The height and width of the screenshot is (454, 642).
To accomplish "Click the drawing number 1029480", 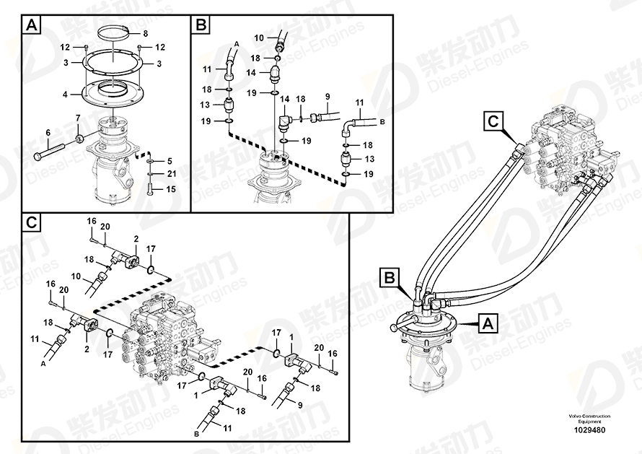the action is [x=589, y=430].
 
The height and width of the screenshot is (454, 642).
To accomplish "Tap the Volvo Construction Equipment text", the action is [x=589, y=419].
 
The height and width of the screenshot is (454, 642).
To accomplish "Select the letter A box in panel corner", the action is [x=31, y=25].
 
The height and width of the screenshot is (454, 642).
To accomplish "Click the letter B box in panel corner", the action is [x=201, y=25].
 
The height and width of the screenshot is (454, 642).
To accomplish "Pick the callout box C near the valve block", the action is [x=494, y=121].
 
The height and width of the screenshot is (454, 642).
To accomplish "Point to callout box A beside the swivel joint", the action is [x=488, y=323].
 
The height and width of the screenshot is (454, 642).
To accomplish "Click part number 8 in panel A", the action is [x=145, y=34].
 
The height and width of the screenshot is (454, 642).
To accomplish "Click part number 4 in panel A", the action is [x=65, y=95].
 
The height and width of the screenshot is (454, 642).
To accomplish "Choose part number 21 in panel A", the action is [x=172, y=174].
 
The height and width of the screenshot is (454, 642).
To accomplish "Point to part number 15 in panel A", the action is [x=171, y=189].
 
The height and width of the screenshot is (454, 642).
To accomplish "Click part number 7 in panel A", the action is [x=78, y=118].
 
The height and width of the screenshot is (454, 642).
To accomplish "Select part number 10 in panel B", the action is [x=259, y=38].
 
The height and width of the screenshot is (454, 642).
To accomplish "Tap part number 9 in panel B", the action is [x=327, y=97].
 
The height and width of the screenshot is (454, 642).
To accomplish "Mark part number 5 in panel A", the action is [x=170, y=161].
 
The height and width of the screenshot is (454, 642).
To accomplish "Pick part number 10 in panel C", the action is [x=76, y=276].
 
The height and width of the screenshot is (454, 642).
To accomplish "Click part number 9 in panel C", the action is [x=300, y=405].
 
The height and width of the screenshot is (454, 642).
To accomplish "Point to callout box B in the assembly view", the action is [x=390, y=278].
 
